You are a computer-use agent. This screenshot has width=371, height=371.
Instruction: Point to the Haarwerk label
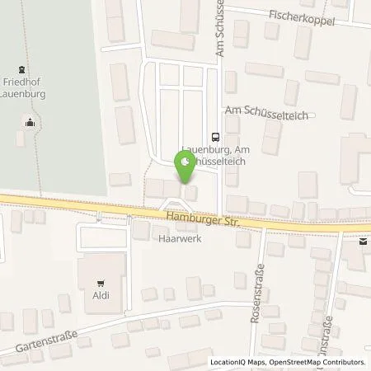tap(174, 236)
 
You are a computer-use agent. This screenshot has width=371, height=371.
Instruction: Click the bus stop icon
tap(215, 137)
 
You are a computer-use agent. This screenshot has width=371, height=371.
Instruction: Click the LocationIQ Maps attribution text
tap(237, 363)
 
